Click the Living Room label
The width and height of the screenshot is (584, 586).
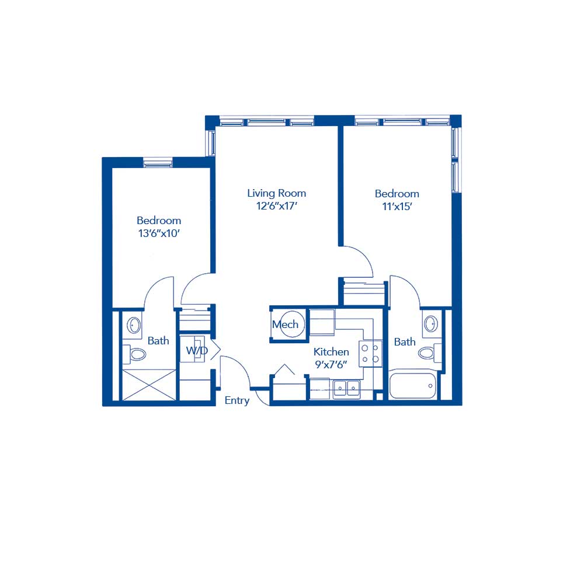coord(276,193)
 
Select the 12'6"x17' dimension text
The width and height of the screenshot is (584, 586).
coord(276,206)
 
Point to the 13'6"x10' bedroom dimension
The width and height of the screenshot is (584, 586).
coord(159,233)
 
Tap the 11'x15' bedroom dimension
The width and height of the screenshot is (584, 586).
coord(397,207)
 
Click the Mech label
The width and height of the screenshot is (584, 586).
coord(285,325)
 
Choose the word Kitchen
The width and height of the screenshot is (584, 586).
coord(331,352)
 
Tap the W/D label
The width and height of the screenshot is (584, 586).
coord(196,351)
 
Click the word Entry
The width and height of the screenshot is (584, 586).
coord(237,400)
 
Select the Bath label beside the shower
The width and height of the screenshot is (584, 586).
coord(158,341)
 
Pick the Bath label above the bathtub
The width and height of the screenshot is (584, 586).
coord(404,342)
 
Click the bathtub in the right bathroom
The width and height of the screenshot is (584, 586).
coord(412,386)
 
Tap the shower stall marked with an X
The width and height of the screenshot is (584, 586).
coord(148,385)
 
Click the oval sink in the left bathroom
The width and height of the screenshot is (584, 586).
coord(134,325)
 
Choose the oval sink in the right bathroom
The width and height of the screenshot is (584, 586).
coord(431,323)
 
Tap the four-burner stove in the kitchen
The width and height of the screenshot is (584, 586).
coord(370,354)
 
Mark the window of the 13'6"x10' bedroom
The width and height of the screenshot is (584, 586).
coord(158,163)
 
